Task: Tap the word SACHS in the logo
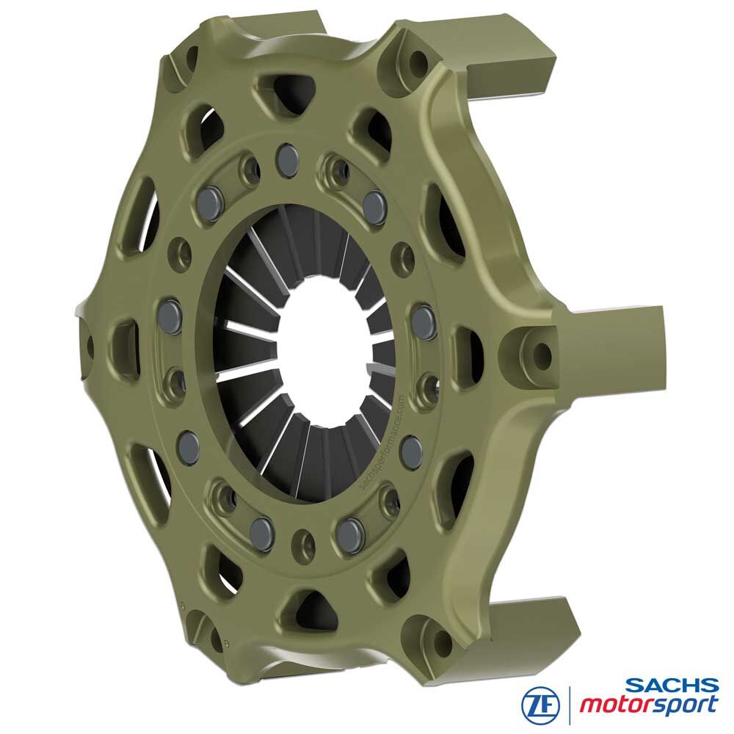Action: [x=672, y=686]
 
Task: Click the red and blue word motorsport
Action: [x=649, y=705]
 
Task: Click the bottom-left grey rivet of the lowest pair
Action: [x=261, y=531]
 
